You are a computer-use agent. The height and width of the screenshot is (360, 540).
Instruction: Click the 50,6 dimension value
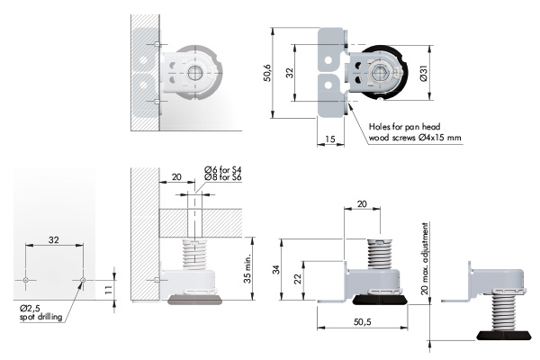click(x=267, y=73)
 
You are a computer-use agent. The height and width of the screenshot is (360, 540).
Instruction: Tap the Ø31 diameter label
click(x=424, y=73)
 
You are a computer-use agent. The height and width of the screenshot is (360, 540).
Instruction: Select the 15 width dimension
click(x=329, y=139)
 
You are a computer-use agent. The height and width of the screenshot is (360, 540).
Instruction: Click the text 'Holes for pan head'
click(x=404, y=126)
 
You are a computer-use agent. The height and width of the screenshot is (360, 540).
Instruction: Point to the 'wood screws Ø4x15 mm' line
click(x=415, y=138)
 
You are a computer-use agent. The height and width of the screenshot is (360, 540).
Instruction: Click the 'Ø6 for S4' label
click(x=223, y=169)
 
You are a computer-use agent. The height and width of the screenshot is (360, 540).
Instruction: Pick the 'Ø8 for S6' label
click(x=223, y=177)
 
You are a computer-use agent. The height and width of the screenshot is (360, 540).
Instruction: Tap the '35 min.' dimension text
click(x=248, y=269)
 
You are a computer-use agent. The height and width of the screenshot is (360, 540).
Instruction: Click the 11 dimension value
click(x=108, y=290)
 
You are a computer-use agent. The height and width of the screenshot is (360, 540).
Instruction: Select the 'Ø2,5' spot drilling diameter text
click(x=30, y=308)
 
